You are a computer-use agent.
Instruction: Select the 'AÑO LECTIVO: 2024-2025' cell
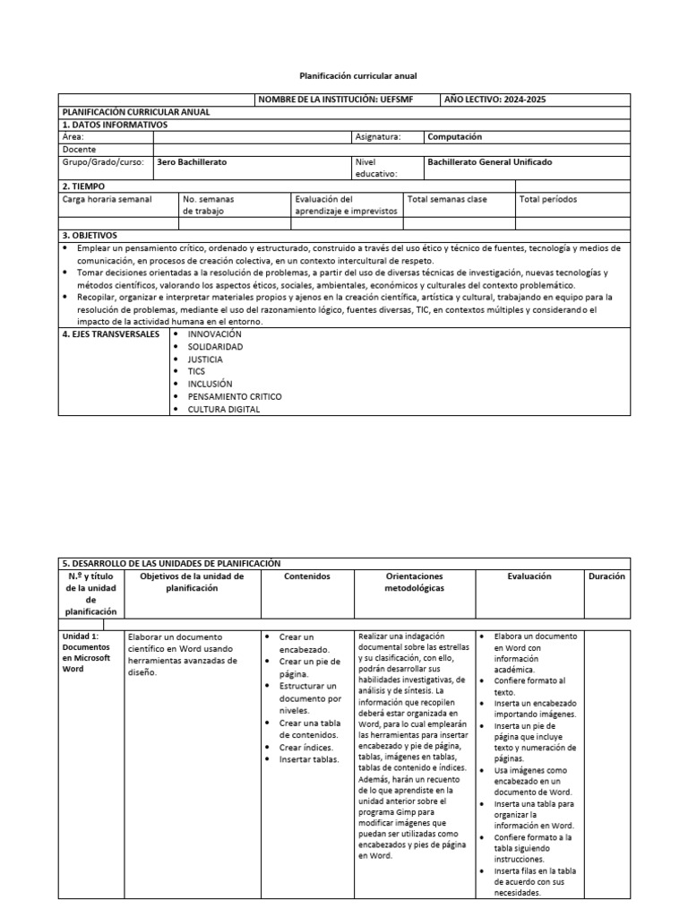pos(495,100)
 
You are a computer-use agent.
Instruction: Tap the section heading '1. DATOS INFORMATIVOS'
pos(114,125)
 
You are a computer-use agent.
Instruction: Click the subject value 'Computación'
pos(454,137)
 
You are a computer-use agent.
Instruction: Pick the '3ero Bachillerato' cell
pos(192,162)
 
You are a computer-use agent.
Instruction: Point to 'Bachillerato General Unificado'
pos(490,162)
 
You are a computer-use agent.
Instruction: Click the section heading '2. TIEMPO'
pos(84,186)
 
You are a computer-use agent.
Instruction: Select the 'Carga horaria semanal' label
pos(107,199)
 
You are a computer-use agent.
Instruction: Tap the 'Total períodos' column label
pos(548,199)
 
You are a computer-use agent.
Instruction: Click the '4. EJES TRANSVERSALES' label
pos(111,334)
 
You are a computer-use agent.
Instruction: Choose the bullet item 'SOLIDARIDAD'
pos(215,346)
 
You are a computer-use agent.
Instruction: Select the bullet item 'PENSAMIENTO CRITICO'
pos(235,396)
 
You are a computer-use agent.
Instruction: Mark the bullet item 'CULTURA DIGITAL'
pos(224,409)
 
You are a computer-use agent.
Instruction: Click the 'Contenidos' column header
pos(306,576)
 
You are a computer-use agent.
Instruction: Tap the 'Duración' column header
pos(606,576)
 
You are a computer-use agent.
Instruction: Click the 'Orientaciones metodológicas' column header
pos(414,583)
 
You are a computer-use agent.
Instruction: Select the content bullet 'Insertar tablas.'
pos(309,759)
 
